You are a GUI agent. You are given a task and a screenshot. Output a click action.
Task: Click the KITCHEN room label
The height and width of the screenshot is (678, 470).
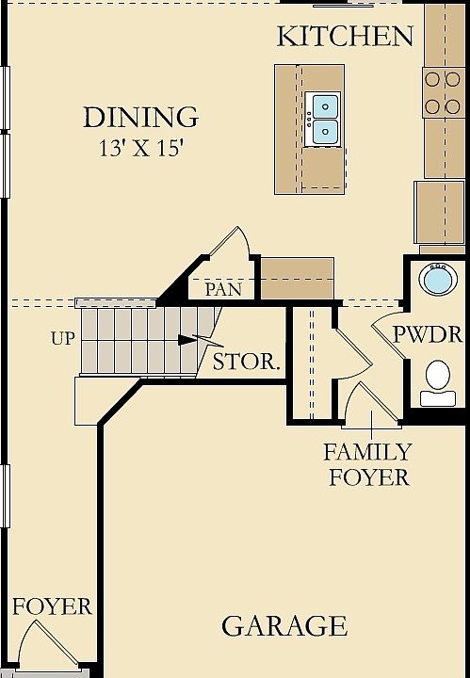click(x=345, y=37)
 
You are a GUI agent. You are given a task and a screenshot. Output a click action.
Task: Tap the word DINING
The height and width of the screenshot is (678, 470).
click(x=141, y=117)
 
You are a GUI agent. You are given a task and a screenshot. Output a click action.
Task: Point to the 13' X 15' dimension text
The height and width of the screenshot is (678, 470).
click(x=141, y=149)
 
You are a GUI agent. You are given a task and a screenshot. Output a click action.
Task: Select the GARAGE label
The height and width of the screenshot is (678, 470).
click(x=284, y=625)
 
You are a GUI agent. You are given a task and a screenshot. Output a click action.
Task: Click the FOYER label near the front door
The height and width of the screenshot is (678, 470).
click(x=52, y=606)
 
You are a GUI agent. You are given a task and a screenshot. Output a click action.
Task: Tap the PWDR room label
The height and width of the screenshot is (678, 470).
click(x=428, y=334)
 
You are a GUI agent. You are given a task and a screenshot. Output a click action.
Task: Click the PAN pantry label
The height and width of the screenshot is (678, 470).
click(x=223, y=289)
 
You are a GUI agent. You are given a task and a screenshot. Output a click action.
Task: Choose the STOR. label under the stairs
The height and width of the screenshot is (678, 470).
click(x=247, y=362)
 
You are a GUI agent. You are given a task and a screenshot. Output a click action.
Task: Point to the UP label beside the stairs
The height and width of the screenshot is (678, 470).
click(x=63, y=339)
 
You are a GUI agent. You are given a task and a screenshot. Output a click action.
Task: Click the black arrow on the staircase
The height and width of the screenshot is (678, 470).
click(x=187, y=340)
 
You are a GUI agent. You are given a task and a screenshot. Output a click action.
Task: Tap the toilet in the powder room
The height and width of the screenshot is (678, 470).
click(x=438, y=383)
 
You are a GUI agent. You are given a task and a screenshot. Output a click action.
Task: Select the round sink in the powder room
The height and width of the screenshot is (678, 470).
click(x=438, y=281)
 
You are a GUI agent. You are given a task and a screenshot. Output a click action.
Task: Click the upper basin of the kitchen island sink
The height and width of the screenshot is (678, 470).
click(x=325, y=106)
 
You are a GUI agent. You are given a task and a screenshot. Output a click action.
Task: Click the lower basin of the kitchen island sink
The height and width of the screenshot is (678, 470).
click(x=325, y=132)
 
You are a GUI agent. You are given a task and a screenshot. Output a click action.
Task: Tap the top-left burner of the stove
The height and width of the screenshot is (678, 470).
click(x=432, y=79)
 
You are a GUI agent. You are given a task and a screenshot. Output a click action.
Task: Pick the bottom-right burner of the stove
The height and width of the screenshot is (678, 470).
click(x=453, y=106)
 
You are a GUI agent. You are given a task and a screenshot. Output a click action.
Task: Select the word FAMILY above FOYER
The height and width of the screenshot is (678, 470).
click(x=367, y=452)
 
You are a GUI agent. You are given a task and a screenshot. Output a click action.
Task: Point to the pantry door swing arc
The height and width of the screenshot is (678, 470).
click(x=244, y=241)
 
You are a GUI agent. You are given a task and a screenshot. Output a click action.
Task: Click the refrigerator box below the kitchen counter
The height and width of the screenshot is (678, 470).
click(x=439, y=212)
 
